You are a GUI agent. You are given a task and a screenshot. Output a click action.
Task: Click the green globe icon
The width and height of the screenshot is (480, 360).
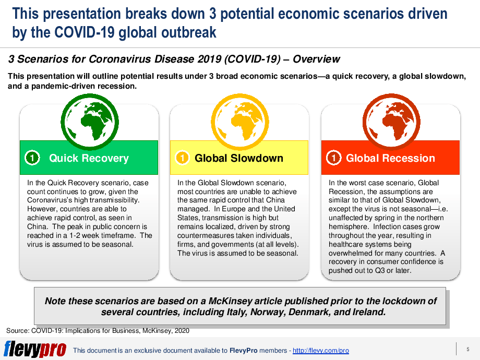pos(90,122)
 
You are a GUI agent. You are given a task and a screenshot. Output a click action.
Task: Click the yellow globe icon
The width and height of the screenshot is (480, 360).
pos(239,122)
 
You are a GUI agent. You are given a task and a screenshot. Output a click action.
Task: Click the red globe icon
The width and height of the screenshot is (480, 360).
pos(391,122)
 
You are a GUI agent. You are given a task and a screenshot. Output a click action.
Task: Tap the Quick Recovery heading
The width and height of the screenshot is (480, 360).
pos(89,158)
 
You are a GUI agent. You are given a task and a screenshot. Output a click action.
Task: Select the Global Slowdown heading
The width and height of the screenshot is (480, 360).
pos(239,158)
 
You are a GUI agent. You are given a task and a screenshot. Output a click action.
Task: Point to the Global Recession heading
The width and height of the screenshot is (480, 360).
pos(390,158)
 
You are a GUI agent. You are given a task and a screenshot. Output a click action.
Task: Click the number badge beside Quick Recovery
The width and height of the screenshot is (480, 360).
pos(32,158)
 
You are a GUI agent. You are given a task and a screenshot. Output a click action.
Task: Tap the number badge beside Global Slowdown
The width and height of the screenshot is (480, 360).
pos(182,158)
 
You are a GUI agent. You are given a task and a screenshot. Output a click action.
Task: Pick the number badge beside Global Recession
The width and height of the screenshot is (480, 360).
pos(334,158)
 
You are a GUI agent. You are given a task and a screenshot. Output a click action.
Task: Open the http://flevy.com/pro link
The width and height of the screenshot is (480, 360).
pos(320,351)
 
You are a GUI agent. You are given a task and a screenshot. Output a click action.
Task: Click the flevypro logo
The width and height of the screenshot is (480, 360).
pos(35,349)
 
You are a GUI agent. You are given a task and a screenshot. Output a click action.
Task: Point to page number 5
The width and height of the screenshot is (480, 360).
pos(468,349)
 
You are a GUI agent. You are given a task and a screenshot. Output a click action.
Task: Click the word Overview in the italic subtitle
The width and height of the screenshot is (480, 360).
pos(316,59)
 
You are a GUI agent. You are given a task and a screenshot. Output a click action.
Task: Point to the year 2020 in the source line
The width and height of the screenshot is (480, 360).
pos(182,331)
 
